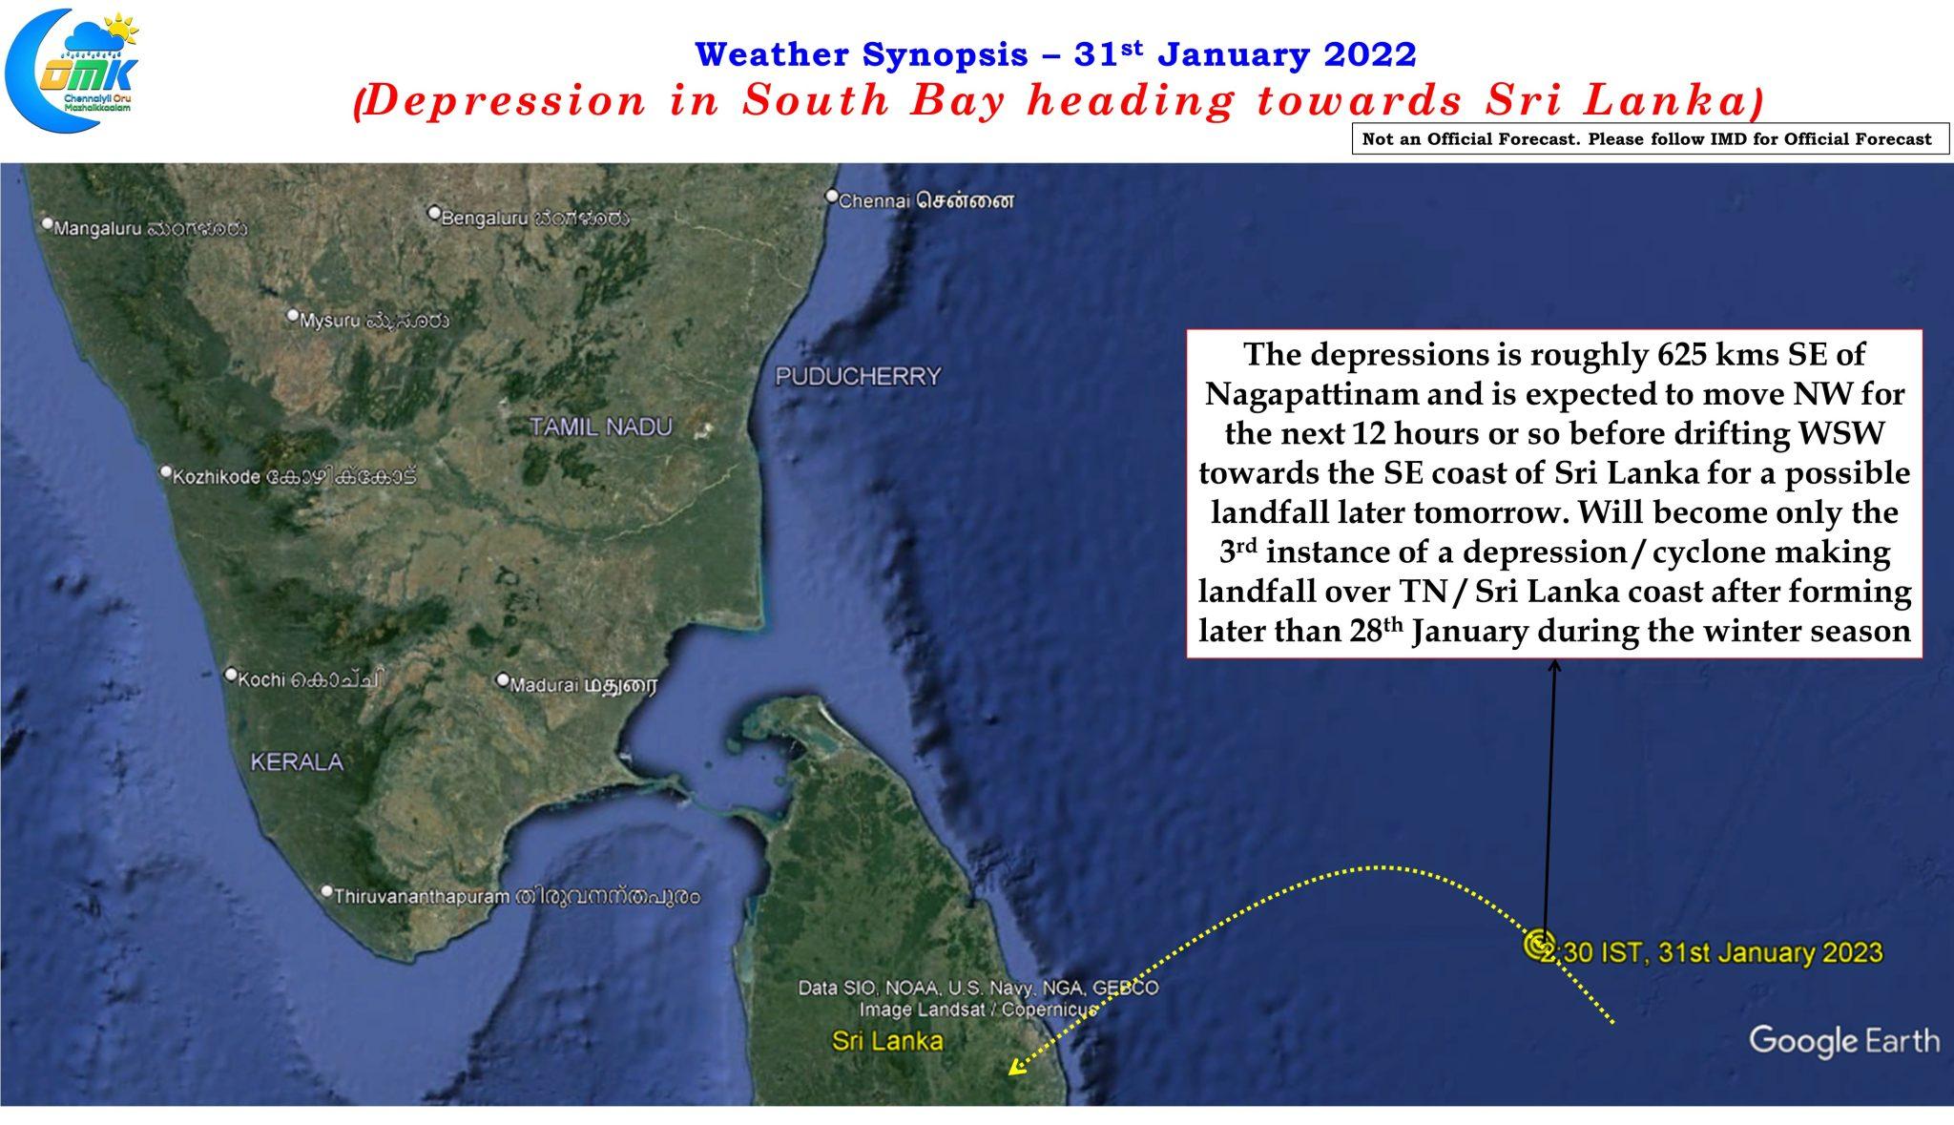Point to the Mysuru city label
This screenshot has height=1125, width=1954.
[x=369, y=320]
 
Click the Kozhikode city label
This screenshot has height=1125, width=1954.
[x=288, y=475]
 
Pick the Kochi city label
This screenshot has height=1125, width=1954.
[x=305, y=678]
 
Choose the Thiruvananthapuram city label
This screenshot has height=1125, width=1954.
[x=511, y=896]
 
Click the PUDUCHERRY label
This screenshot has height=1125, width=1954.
[x=858, y=376]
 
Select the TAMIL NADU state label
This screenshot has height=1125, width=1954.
[x=601, y=427]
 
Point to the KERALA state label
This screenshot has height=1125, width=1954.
[x=297, y=761]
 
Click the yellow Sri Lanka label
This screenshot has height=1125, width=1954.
[x=887, y=1040]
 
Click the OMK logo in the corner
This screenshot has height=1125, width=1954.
[x=72, y=69]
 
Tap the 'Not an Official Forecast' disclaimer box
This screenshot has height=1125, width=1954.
[x=1650, y=139]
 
